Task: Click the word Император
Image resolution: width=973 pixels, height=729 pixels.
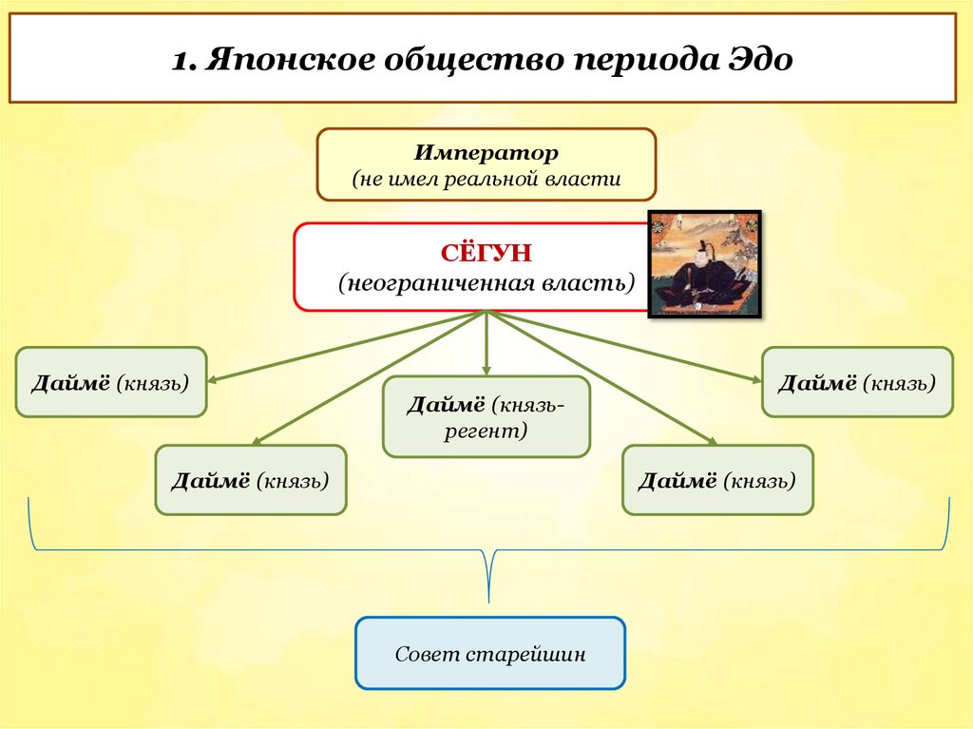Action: (486, 152)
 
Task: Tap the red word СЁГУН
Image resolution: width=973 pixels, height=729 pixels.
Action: (486, 255)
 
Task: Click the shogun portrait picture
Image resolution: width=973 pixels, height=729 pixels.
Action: (704, 263)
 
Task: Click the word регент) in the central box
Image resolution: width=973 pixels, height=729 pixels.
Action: (486, 431)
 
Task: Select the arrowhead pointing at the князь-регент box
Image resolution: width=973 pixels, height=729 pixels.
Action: (486, 370)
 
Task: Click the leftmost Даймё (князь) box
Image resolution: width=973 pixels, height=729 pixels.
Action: (110, 382)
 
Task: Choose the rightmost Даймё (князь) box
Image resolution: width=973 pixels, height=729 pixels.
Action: (857, 382)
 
